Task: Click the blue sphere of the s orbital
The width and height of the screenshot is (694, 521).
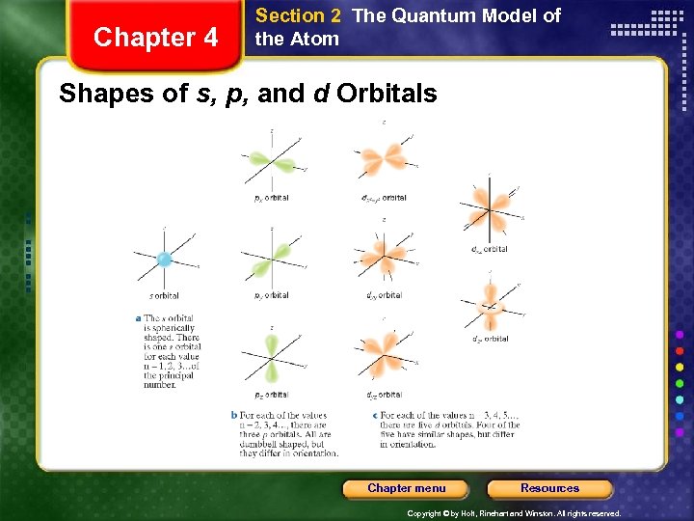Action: tap(164, 259)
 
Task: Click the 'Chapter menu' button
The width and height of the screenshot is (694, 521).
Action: tap(406, 488)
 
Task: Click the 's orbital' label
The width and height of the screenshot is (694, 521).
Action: tap(163, 296)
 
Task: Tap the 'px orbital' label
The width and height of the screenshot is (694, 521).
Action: tap(271, 198)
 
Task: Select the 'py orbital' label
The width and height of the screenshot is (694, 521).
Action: tap(271, 296)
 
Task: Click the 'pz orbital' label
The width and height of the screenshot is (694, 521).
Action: tap(271, 395)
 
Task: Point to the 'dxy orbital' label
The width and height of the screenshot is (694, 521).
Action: tap(384, 296)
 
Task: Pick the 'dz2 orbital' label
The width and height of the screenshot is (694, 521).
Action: tap(490, 339)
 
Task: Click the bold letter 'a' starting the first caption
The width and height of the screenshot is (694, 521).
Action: tap(138, 318)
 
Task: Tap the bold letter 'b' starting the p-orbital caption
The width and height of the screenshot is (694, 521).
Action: tap(233, 416)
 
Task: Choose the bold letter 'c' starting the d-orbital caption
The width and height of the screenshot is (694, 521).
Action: tap(374, 416)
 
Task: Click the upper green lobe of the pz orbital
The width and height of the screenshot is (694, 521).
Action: tap(272, 343)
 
